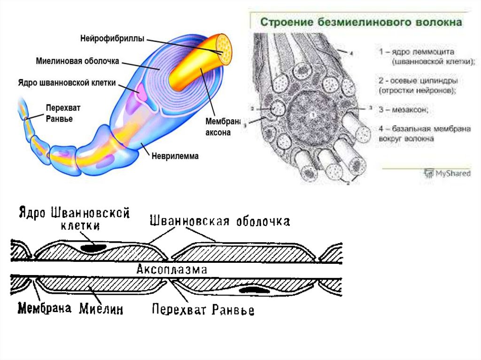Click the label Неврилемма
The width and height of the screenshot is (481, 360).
[x=174, y=156]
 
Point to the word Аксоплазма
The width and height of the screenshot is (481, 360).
[x=171, y=270]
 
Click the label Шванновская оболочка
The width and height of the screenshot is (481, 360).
[x=219, y=221]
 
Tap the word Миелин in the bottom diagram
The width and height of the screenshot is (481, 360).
[x=101, y=308]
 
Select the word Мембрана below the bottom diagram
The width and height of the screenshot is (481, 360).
[x=45, y=308]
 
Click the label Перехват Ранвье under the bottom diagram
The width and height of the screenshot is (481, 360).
[x=203, y=309]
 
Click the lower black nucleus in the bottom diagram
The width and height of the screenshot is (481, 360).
[x=254, y=290]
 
